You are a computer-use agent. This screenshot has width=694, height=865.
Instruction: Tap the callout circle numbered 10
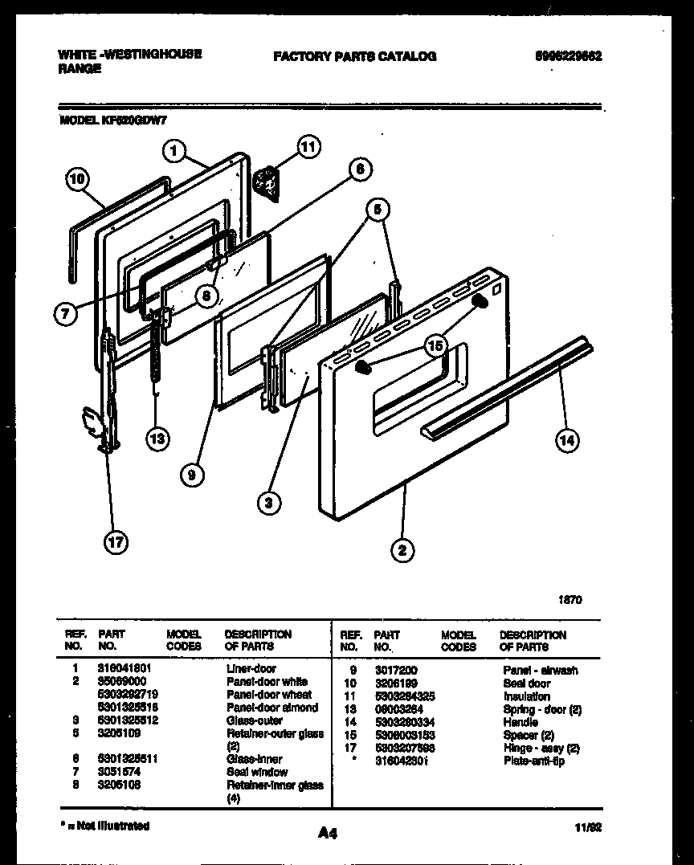(x=76, y=180)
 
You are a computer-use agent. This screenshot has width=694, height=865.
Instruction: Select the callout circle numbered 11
(x=308, y=146)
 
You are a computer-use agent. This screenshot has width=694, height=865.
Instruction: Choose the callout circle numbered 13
(x=158, y=438)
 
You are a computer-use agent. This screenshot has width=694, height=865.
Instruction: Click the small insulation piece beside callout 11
(x=266, y=183)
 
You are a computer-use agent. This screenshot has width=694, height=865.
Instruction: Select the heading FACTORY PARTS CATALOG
(x=354, y=56)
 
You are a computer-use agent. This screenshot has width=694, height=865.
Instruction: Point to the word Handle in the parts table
(x=520, y=722)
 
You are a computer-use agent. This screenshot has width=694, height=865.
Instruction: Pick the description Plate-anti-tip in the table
(x=533, y=761)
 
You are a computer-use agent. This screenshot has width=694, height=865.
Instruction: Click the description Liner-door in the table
(x=251, y=668)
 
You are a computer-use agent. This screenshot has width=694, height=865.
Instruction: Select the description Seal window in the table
(x=256, y=772)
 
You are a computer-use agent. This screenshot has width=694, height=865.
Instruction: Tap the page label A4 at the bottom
(x=328, y=834)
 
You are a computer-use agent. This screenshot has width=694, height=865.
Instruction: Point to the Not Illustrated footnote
(x=104, y=826)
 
